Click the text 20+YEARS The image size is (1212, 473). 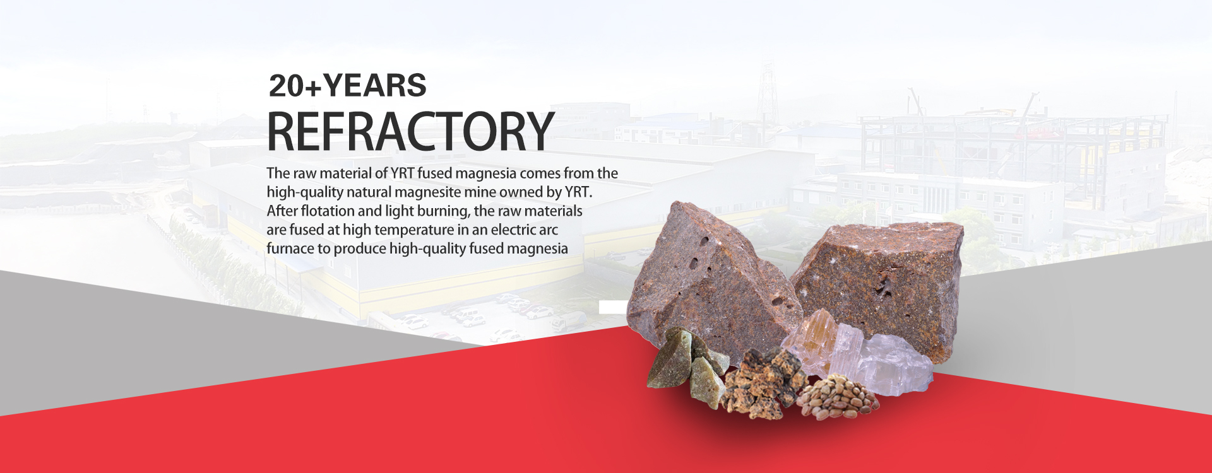[x=348, y=86]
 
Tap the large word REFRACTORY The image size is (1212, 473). [x=411, y=131]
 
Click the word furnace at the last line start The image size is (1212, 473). [x=290, y=248]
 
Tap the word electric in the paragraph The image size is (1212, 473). [x=514, y=230]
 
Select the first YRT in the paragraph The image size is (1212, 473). [x=402, y=173]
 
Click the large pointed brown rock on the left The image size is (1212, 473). [x=710, y=284]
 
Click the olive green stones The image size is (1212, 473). [x=688, y=366]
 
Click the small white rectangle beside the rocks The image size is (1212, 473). [x=612, y=307]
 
